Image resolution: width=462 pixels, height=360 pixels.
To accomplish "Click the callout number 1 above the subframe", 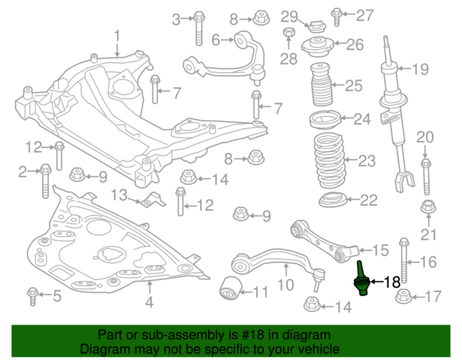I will [118, 35].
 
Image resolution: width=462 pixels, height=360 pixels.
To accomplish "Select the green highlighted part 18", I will [360, 281].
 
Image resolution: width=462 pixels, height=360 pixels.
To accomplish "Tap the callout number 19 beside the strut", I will [419, 70].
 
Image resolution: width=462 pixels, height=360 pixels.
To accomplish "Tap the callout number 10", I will [286, 285].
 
